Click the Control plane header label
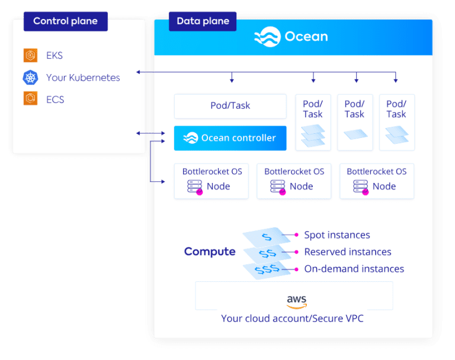pos(66,21)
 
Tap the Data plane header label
pos(203,21)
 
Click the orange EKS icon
pos(30,55)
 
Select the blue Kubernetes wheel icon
pos(30,78)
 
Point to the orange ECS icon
pos(30,98)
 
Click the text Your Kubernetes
pos(83,78)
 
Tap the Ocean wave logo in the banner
pos(268,37)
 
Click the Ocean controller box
pos(230,138)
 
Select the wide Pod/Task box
pos(230,106)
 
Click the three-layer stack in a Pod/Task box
pos(313,135)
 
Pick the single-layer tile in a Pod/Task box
pos(355,134)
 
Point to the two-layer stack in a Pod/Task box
pos(397,134)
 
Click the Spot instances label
pos(337,235)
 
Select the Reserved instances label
pos(348,252)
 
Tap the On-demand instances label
pos(354,269)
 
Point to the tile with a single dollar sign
pos(267,237)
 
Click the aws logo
pos(297,301)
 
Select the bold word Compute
pos(210,252)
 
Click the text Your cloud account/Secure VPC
pos(292,319)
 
